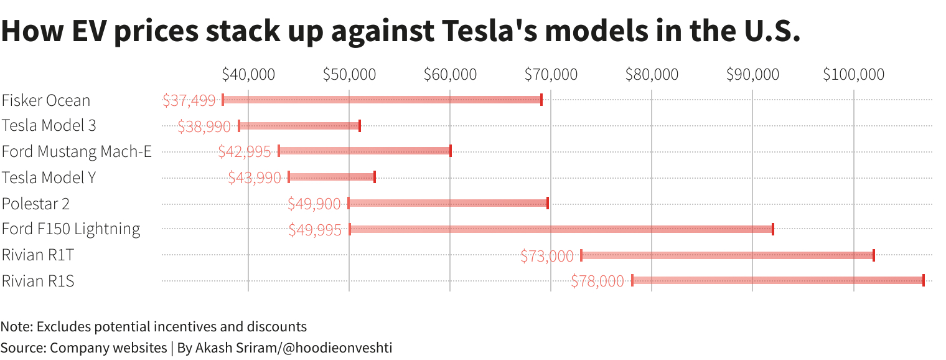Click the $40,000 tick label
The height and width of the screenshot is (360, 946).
248,74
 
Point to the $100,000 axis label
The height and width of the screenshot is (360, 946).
853,74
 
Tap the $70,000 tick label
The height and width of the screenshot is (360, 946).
551,74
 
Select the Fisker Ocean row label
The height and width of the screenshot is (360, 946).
46,100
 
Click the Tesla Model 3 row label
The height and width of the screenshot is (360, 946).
49,125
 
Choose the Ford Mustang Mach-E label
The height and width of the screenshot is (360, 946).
77,151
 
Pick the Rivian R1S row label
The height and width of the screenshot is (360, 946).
38,281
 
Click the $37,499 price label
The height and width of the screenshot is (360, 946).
189,100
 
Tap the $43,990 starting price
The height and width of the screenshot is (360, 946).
254,178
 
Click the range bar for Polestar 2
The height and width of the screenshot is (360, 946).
448,203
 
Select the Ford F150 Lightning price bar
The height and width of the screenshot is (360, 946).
561,229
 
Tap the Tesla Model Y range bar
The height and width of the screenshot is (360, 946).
332,177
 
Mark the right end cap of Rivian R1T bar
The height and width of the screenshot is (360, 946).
874,255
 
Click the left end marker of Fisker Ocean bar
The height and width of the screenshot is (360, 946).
223,100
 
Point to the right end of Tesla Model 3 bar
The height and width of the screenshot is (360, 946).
360,125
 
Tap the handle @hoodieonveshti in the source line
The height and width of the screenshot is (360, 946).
337,348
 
